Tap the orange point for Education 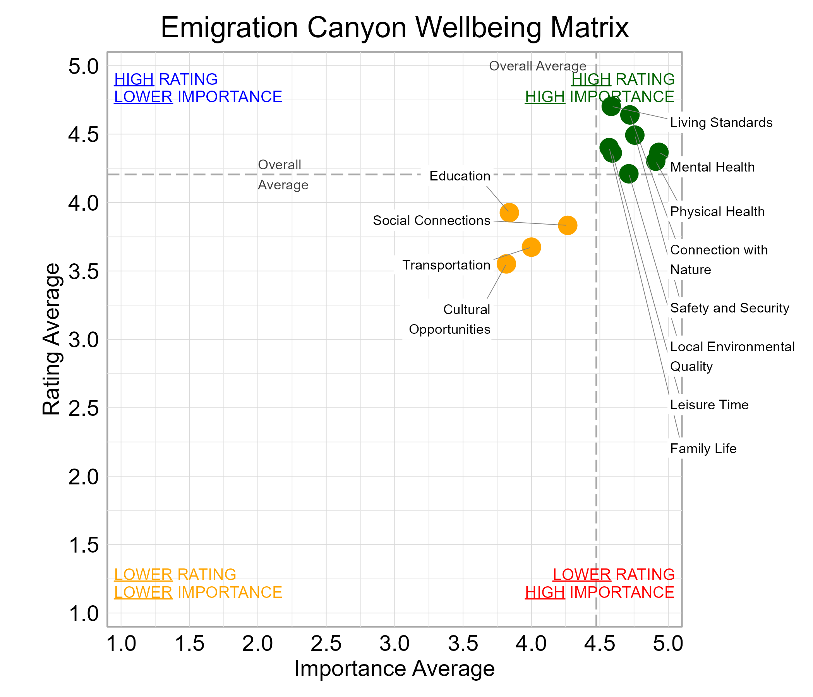(509, 213)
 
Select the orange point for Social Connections (568, 225)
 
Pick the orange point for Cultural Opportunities (506, 264)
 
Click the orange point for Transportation (531, 247)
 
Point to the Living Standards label (721, 123)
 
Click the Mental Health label (712, 167)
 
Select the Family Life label (703, 448)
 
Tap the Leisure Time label (709, 405)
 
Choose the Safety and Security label (729, 308)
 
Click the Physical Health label (717, 212)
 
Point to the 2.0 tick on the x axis (257, 644)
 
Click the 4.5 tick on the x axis (599, 644)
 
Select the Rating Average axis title (51, 339)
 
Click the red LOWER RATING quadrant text (613, 575)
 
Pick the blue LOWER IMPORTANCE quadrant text (198, 97)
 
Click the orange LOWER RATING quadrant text (175, 575)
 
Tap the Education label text (460, 176)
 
